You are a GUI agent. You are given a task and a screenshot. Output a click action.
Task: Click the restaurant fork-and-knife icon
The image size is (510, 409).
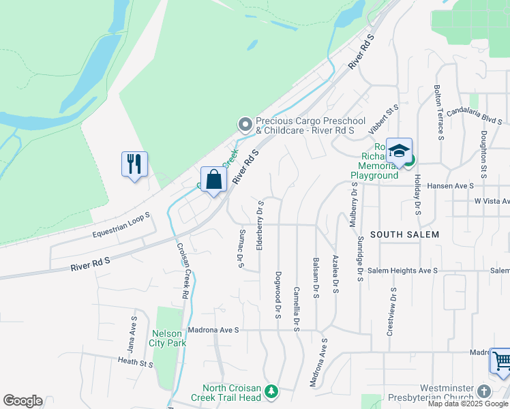134,164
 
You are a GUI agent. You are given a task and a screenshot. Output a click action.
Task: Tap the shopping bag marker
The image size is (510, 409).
214,180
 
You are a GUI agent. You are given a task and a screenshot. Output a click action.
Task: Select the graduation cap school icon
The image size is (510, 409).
399,151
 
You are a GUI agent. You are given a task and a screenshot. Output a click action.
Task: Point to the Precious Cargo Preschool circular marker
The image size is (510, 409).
245,124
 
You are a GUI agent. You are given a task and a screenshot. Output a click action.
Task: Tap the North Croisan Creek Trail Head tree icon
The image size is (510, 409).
271,391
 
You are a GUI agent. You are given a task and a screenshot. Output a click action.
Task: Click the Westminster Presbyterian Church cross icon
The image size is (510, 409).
483,391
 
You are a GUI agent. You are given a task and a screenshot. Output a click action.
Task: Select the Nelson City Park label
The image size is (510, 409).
168,338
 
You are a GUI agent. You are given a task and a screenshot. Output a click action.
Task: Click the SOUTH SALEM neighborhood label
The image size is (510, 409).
405,234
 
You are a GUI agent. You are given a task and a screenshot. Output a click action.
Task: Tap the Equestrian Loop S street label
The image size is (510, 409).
121,226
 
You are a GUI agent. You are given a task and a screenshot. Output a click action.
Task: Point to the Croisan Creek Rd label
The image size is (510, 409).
182,271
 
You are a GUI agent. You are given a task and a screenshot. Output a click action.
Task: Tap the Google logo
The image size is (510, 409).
22,401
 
